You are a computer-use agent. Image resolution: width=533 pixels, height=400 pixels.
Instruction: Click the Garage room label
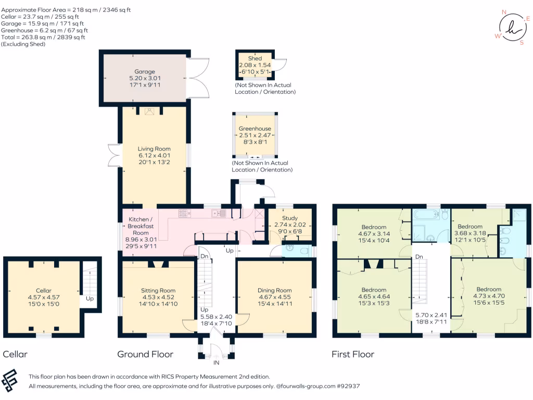(145, 71)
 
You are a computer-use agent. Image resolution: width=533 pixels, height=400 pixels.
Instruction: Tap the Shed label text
(255, 58)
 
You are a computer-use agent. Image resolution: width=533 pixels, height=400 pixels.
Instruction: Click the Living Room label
(155, 148)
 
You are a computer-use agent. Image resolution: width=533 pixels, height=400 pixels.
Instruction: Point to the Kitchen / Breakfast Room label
(141, 227)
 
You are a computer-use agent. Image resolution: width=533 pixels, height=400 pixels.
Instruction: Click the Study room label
(289, 218)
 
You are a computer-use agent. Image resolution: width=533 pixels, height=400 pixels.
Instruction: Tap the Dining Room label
(274, 291)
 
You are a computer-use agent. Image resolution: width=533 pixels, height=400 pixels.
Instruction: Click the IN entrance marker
(216, 362)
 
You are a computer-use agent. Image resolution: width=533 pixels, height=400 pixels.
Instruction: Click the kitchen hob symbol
(185, 213)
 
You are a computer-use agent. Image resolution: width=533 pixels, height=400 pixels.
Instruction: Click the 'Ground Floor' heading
(145, 355)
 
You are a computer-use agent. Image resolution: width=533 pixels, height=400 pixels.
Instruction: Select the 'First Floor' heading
(353, 355)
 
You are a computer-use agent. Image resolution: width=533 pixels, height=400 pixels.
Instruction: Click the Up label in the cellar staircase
(90, 299)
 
